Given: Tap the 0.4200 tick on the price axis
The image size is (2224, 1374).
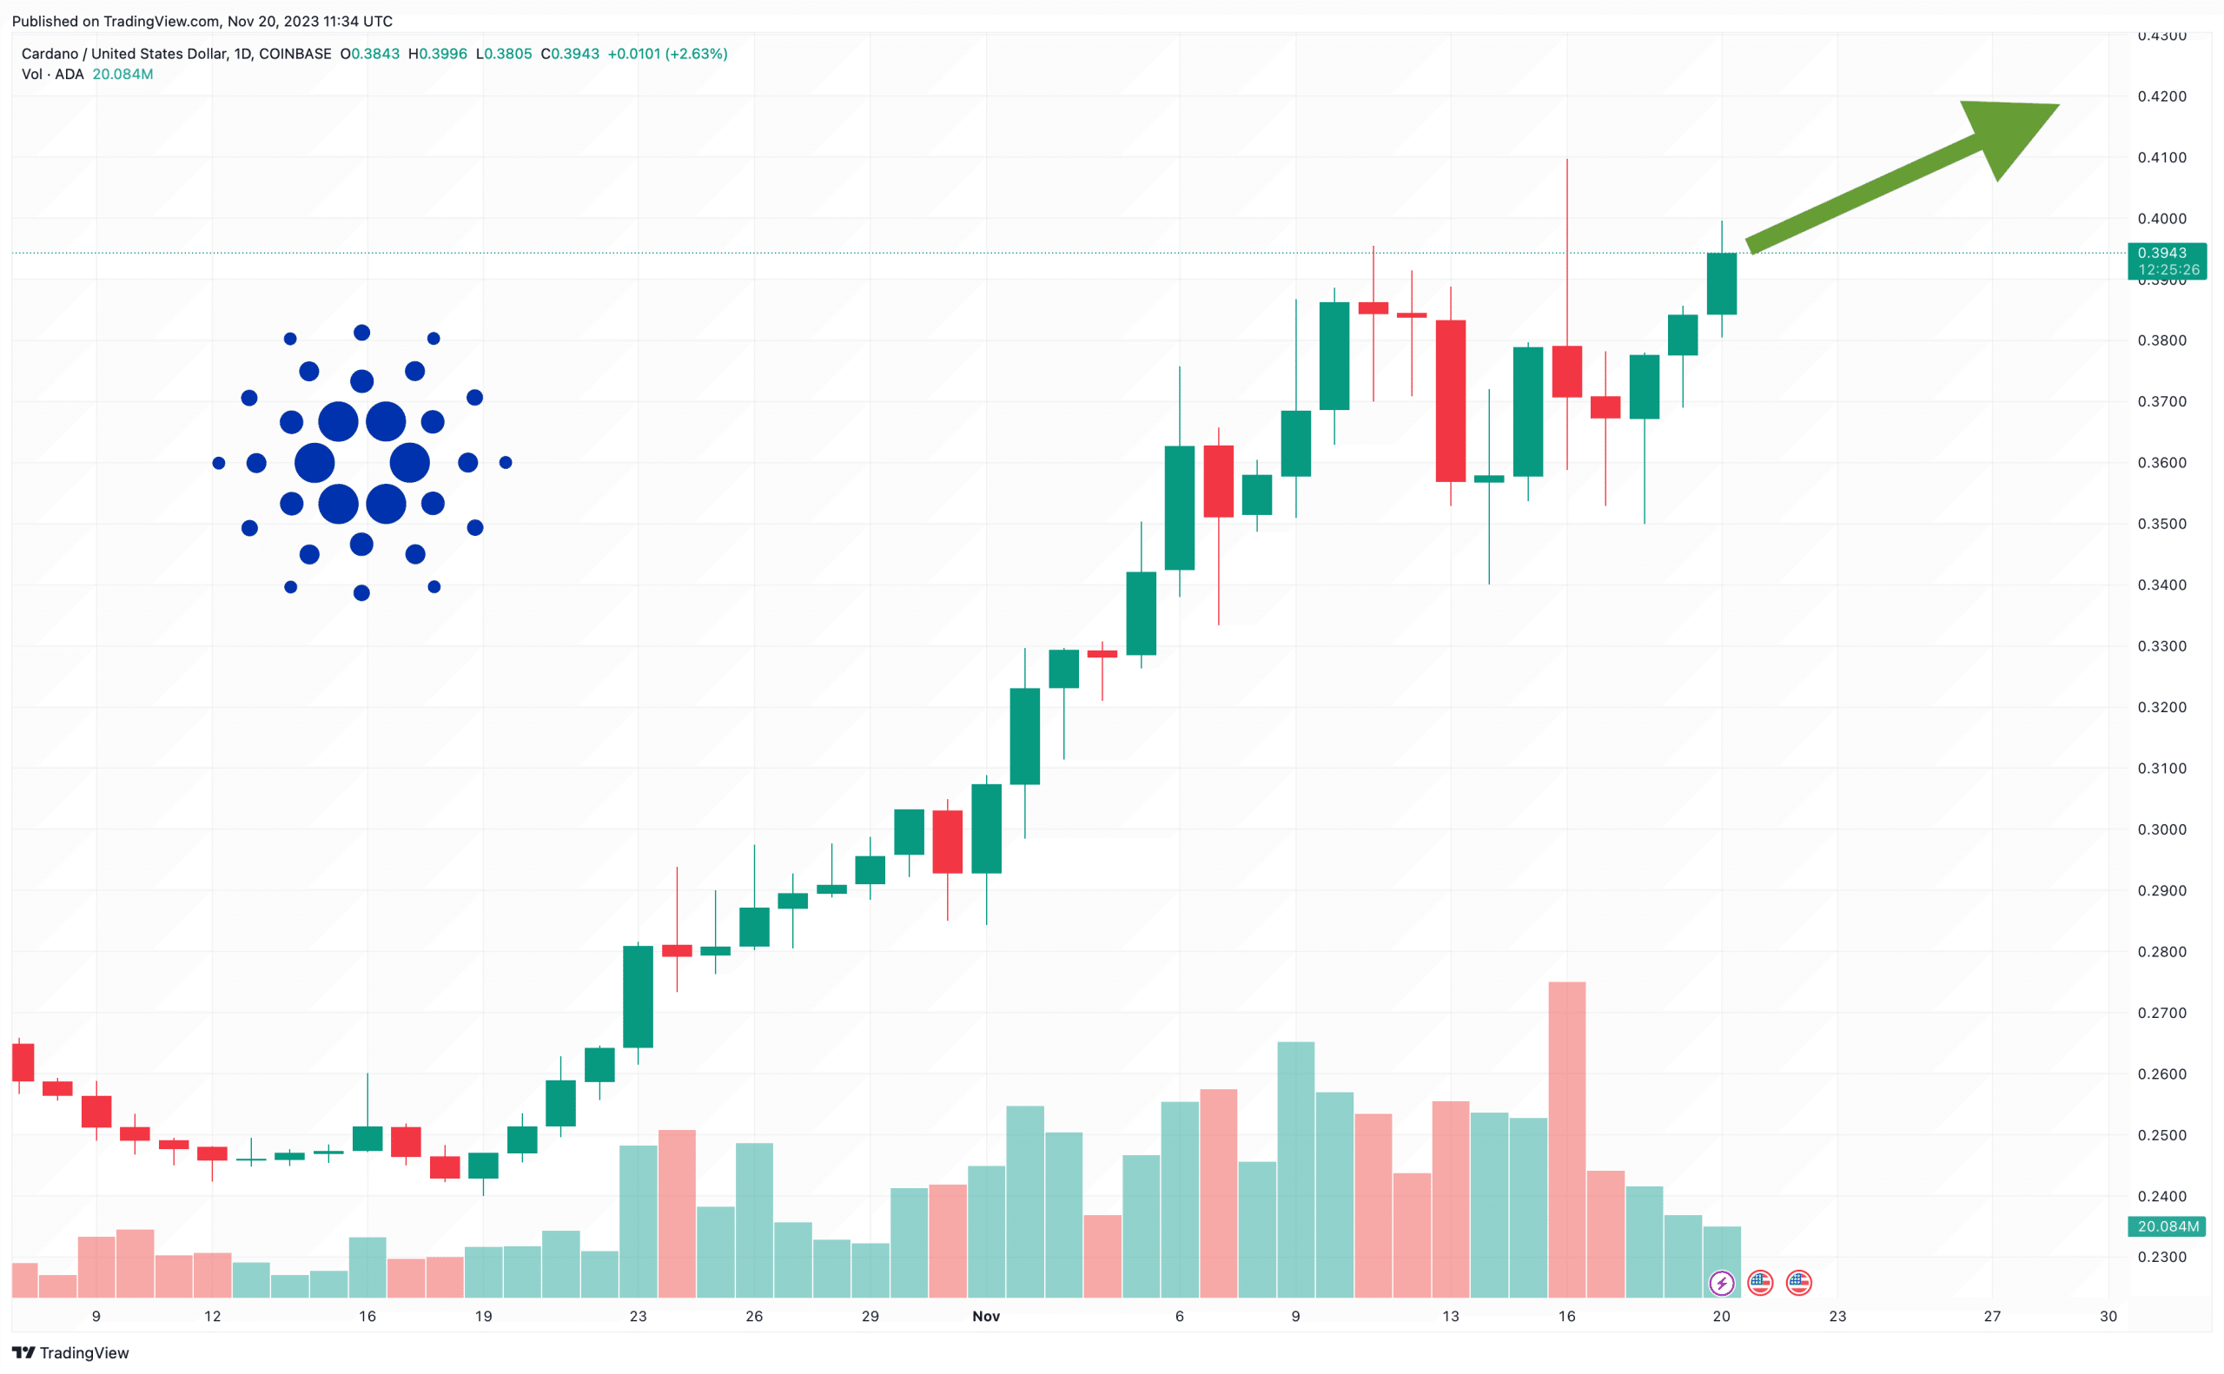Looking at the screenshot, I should [2161, 96].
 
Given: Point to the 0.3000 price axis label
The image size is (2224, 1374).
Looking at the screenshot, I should [2161, 829].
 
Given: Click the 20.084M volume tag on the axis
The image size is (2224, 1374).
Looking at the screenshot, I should [2167, 1226].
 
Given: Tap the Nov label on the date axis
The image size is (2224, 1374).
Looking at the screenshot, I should [985, 1316].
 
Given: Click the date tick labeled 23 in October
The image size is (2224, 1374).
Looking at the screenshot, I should [638, 1316].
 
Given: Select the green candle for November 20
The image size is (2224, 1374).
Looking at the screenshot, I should [1721, 283].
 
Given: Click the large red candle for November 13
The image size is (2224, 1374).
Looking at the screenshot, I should [1451, 400].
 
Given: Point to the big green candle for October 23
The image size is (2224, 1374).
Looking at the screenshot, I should [638, 996].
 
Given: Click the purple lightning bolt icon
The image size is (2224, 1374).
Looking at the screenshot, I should [1721, 1283].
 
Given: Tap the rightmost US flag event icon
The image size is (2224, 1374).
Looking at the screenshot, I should [1798, 1283].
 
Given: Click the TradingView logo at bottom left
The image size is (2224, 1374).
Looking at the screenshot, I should [71, 1353].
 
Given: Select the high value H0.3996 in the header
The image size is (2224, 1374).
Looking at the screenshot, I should [438, 54].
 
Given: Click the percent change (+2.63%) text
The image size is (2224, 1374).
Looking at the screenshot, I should [696, 54].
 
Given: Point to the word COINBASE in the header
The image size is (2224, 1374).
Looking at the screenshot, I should [295, 54].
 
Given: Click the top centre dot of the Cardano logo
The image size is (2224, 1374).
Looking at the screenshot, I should [361, 333].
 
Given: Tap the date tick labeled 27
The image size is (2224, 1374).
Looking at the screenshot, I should [1991, 1316].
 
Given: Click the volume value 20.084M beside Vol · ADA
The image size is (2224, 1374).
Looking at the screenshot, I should [122, 75].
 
